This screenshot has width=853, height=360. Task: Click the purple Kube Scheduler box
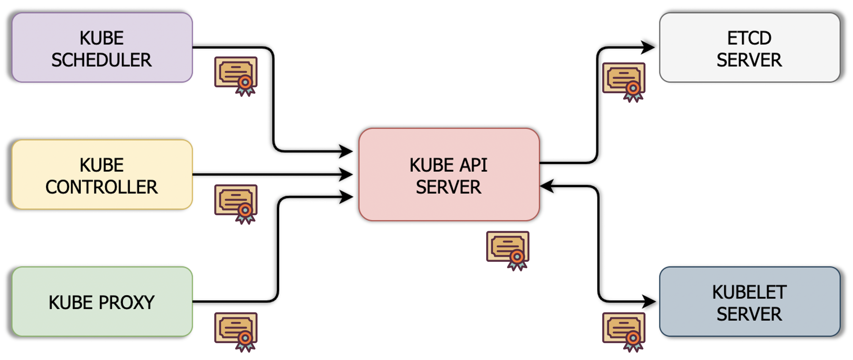[102, 47]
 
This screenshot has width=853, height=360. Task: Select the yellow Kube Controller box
[102, 174]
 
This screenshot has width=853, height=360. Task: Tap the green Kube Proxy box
[102, 302]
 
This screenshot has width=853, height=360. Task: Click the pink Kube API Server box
[449, 174]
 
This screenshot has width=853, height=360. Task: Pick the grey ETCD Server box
[749, 47]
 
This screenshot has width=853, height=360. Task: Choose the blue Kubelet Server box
[749, 302]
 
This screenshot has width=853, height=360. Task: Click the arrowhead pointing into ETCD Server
[648, 47]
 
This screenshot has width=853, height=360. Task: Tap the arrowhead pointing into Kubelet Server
[649, 302]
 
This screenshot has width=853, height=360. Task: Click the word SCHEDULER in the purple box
[102, 60]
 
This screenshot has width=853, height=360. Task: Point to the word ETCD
[749, 38]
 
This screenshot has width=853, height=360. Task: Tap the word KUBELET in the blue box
[749, 292]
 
